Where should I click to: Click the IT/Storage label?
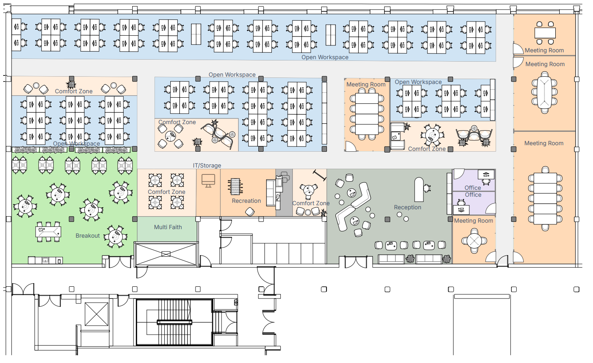(x=207, y=165)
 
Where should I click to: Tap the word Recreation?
(x=246, y=201)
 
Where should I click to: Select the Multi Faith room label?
(x=168, y=227)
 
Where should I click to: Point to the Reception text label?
(x=407, y=207)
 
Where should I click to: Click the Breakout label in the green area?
(x=88, y=236)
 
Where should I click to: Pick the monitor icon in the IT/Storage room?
(x=208, y=180)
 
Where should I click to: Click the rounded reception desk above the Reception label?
(x=419, y=189)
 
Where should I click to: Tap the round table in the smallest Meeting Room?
(x=474, y=241)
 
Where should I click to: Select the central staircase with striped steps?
(x=174, y=322)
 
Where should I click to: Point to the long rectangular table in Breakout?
(x=49, y=232)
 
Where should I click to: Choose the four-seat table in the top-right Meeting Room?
(x=545, y=33)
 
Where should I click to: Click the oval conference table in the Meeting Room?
(x=544, y=92)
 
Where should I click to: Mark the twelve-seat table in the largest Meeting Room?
(x=545, y=198)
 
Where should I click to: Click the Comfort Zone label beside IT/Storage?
(x=166, y=192)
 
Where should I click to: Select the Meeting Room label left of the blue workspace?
(x=366, y=84)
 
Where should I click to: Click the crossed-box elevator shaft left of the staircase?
(x=97, y=314)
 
